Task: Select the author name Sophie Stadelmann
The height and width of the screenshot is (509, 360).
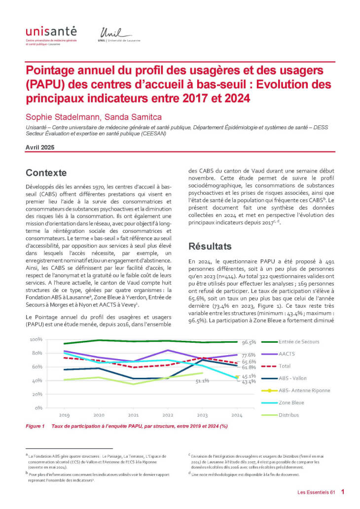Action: pos(53,116)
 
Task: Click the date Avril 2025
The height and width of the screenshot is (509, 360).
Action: pos(40,147)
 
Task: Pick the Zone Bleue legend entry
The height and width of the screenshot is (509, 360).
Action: pos(291,402)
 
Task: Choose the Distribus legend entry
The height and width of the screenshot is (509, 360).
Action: pos(289,415)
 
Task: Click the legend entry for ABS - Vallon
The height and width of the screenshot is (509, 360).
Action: pos(293,378)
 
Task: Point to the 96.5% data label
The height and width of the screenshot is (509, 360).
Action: pos(249,342)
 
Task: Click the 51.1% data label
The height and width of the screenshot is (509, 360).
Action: pos(202,381)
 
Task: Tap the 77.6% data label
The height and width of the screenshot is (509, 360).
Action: pos(249,355)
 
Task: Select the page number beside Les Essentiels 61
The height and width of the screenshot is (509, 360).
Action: pos(342,492)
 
